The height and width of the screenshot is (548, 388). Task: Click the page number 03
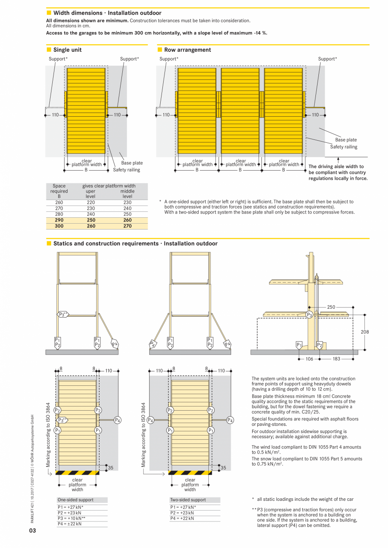click(32, 530)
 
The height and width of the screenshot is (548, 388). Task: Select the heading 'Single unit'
click(67, 50)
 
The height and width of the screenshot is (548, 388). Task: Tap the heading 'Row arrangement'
click(187, 50)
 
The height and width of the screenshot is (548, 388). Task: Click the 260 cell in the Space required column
click(59, 202)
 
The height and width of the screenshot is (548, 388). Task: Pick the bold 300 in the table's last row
click(59, 226)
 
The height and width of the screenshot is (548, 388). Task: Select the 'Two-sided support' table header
click(188, 500)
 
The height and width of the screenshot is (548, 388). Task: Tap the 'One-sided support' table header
click(75, 500)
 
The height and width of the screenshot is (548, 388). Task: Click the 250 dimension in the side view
click(331, 307)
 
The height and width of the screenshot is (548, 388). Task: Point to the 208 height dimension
click(365, 332)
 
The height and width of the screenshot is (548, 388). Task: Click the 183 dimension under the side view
click(337, 359)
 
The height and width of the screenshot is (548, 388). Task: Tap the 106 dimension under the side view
click(309, 359)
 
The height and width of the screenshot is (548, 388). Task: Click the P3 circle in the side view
click(309, 315)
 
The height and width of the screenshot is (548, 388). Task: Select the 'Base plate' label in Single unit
click(132, 163)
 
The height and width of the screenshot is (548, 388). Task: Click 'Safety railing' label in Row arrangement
click(343, 147)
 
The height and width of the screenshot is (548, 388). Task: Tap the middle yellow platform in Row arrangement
click(240, 110)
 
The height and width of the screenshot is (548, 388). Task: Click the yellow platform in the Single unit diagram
click(86, 110)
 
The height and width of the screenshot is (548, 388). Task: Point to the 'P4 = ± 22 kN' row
click(70, 524)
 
